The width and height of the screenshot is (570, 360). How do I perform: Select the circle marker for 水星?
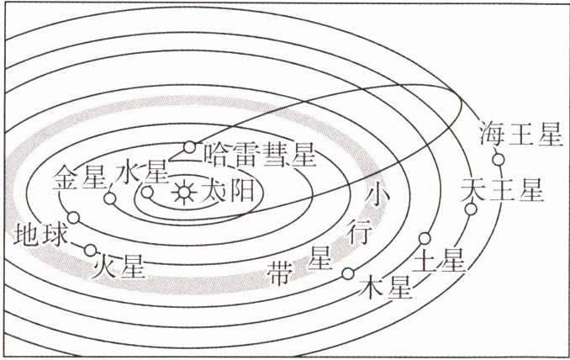click(148, 192)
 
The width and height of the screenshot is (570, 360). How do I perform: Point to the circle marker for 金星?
click(109, 199)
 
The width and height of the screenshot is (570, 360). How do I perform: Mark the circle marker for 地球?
click(73, 218)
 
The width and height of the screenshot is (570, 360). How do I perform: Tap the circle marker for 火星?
click(91, 250)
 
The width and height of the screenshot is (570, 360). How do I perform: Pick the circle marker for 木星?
click(347, 273)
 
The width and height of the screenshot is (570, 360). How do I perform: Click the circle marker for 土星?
click(425, 237)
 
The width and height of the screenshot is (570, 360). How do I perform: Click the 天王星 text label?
click(503, 190)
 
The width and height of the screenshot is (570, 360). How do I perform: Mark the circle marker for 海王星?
click(498, 159)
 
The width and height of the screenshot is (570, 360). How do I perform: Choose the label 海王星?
click(519, 135)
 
